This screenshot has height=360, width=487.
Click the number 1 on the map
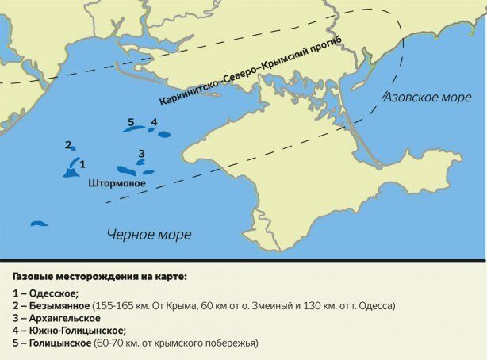(x=82, y=163)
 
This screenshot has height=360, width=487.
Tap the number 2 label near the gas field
(x=68, y=145)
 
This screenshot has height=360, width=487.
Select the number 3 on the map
(x=141, y=153)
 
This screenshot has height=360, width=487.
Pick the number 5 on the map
(x=131, y=122)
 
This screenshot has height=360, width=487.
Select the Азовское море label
(x=423, y=98)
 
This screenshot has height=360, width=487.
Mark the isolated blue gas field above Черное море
(x=39, y=224)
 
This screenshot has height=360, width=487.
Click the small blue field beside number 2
(x=73, y=148)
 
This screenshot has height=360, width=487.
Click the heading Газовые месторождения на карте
(x=100, y=278)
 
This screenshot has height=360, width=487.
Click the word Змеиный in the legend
(x=264, y=305)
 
